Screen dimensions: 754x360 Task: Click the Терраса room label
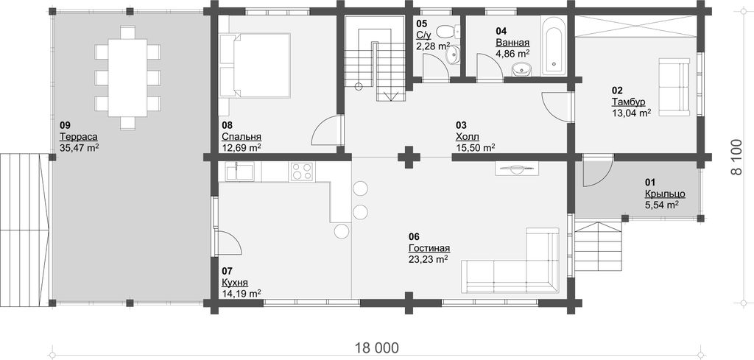pyautogui.click(x=78, y=136)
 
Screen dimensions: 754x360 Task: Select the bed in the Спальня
pyautogui.click(x=255, y=66)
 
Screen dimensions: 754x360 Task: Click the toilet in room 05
pyautogui.click(x=448, y=32)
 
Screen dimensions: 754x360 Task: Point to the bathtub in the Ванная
pyautogui.click(x=554, y=46)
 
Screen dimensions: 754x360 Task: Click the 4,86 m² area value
pyautogui.click(x=512, y=52)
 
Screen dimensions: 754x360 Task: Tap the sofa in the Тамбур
pyautogui.click(x=674, y=87)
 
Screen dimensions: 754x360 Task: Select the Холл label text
pyautogui.click(x=467, y=137)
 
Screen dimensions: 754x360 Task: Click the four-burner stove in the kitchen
pyautogui.click(x=301, y=172)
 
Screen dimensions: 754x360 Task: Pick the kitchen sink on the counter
pyautogui.click(x=240, y=171)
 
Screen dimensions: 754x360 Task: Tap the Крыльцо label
pyautogui.click(x=665, y=194)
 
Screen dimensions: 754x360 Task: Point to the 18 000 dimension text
pyautogui.click(x=377, y=347)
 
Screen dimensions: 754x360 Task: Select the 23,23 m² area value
pyautogui.click(x=429, y=259)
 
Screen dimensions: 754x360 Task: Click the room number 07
pyautogui.click(x=226, y=271)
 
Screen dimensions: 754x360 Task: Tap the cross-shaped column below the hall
pyautogui.click(x=408, y=157)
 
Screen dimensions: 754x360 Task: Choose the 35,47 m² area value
pyautogui.click(x=79, y=147)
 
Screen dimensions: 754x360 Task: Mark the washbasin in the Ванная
pyautogui.click(x=521, y=70)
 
